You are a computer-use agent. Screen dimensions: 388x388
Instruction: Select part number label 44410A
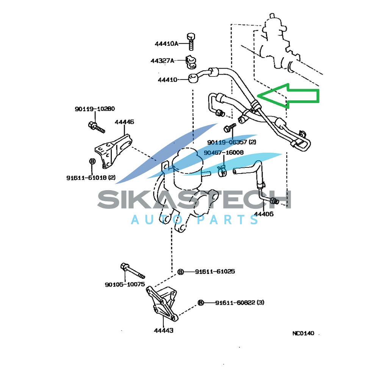pyautogui.click(x=166, y=44)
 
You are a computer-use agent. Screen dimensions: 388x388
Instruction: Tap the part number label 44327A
pyautogui.click(x=162, y=61)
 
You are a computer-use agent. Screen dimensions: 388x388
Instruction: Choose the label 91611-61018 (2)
pyautogui.click(x=91, y=177)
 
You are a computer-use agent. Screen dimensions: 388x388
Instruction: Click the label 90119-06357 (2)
pyautogui.click(x=232, y=142)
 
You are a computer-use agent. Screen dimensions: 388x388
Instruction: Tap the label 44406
pyautogui.click(x=264, y=214)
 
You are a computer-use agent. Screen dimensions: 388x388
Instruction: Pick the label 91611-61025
pyautogui.click(x=215, y=271)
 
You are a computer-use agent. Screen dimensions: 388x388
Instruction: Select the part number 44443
pyautogui.click(x=163, y=330)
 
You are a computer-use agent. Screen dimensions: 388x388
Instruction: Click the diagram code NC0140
pyautogui.click(x=303, y=333)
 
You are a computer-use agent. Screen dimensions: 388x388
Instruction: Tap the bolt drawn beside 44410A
pyautogui.click(x=191, y=41)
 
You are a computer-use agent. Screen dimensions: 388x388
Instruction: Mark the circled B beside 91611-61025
pyautogui.click(x=181, y=272)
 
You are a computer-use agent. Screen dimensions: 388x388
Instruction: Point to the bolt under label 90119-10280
pyautogui.click(x=97, y=127)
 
